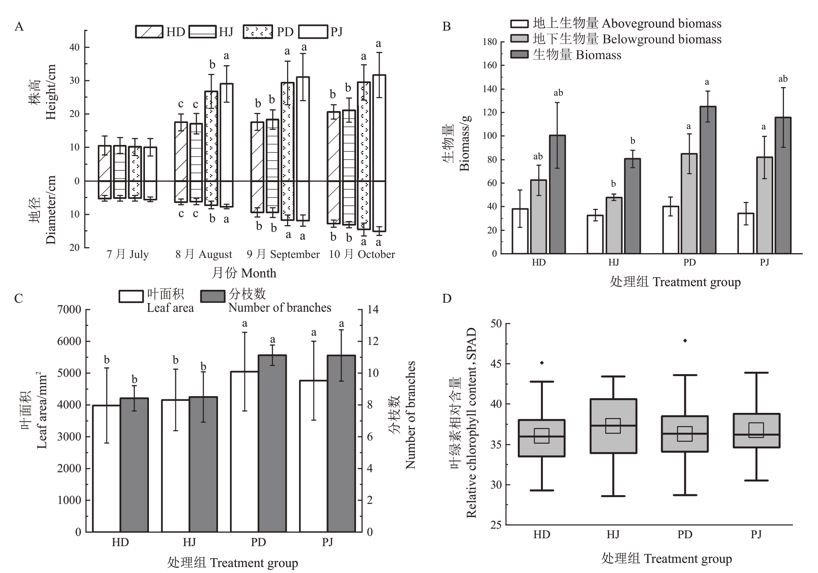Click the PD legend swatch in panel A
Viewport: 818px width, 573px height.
[x=258, y=32]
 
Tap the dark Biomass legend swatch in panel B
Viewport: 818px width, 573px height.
[x=519, y=55]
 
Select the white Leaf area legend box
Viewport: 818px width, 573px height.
[x=131, y=296]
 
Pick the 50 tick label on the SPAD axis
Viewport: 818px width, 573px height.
[x=495, y=323]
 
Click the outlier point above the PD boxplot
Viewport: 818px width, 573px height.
[x=685, y=341]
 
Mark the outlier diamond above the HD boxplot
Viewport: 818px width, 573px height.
[x=542, y=363]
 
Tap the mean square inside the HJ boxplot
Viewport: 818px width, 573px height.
[x=613, y=426]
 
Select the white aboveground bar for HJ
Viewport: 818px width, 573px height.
[x=595, y=234]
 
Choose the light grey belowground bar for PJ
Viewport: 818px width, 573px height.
[x=765, y=205]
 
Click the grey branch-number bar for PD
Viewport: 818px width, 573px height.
[x=272, y=443]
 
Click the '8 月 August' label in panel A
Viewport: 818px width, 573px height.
[x=204, y=254]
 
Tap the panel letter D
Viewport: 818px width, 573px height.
[x=447, y=298]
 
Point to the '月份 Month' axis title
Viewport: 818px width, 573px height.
[x=244, y=273]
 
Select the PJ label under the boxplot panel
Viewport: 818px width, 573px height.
[x=756, y=534]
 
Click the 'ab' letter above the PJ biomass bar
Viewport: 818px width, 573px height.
[x=783, y=79]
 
